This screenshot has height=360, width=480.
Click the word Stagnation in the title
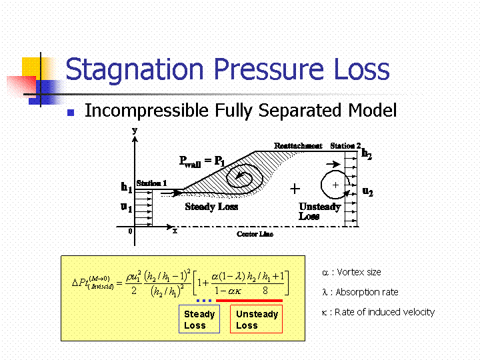coord(135,70)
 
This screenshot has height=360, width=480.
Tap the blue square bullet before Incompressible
coord(71,113)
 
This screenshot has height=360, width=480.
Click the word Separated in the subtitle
coord(299,110)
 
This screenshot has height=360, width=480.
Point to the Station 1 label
coord(151,183)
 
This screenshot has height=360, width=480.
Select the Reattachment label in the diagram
coord(298,146)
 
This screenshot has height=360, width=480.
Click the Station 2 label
coord(345,146)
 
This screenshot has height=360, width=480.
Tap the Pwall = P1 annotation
coord(202,161)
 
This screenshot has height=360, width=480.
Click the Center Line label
coord(255,234)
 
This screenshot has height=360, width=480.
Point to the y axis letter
coord(135,131)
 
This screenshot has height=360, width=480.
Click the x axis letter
coord(175,231)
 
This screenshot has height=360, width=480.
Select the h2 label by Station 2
coord(367,153)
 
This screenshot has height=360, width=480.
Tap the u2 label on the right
coord(367,191)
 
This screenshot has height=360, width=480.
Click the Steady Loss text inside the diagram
coord(211,207)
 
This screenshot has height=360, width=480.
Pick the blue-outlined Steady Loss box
coord(199,319)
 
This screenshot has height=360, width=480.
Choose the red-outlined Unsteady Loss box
coord(256,319)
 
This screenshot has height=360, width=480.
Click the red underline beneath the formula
coord(249,301)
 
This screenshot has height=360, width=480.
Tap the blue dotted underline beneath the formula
coord(204,301)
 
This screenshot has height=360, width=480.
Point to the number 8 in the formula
coord(265,291)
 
